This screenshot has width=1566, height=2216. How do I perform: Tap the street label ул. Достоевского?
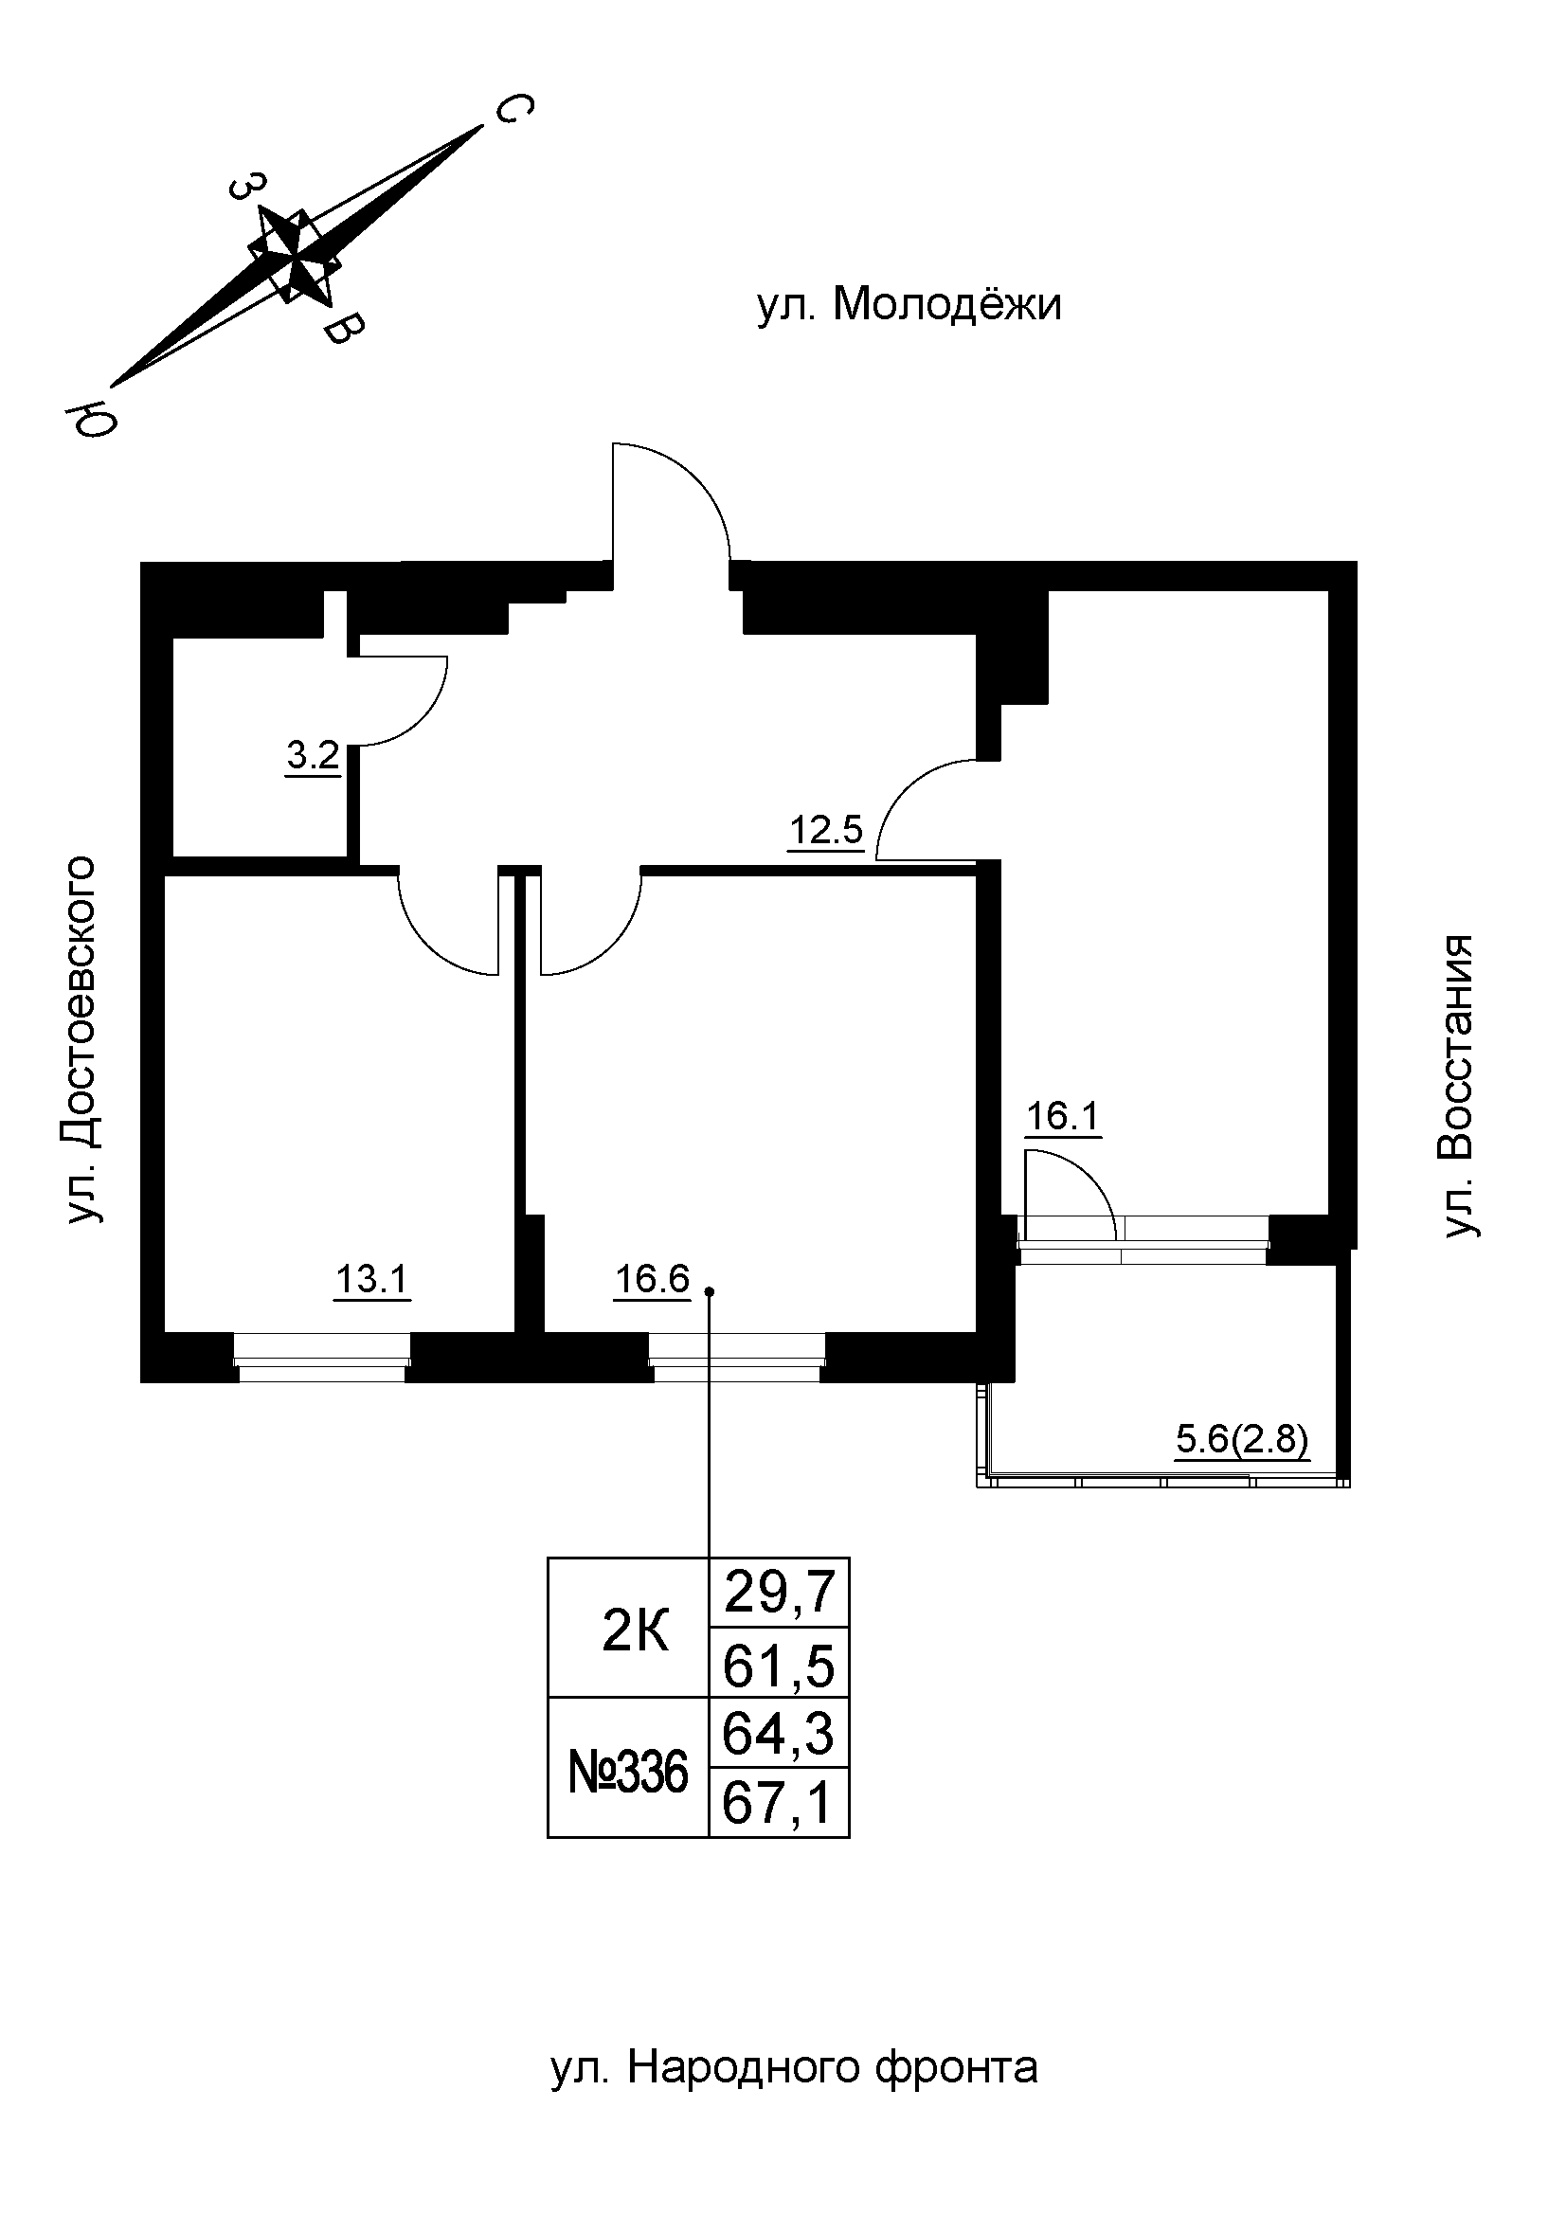coord(82,1040)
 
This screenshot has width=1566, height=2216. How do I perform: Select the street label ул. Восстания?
coord(1457,1086)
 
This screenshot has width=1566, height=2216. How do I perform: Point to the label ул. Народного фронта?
coord(794,2068)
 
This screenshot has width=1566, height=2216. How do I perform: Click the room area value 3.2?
coord(314,756)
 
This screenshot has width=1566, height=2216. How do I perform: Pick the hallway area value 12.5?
coord(826,830)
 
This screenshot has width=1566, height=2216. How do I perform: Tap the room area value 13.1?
coord(372,1281)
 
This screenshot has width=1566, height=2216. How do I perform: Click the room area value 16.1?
coord(1062,1118)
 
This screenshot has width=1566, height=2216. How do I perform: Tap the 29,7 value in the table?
coord(779,1594)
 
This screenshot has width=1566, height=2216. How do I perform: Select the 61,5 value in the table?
coord(779,1667)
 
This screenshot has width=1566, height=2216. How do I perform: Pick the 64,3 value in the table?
coord(779,1735)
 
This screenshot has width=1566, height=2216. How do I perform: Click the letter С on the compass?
coord(513,109)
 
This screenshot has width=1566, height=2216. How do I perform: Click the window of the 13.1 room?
coord(321,1358)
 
